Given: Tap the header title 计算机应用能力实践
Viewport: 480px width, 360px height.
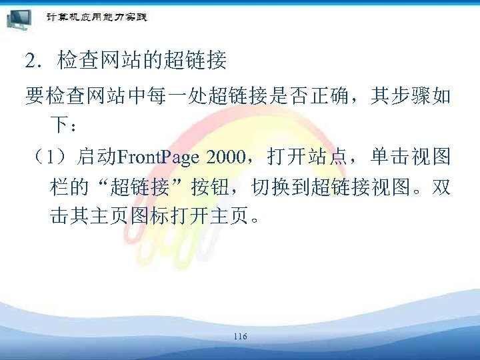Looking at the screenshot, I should tap(97, 17).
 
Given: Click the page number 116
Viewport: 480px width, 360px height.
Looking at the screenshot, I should tap(240, 337).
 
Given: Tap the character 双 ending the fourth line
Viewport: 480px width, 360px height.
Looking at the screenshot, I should tap(441, 187).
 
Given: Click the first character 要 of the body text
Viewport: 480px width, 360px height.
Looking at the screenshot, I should tap(34, 97).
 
